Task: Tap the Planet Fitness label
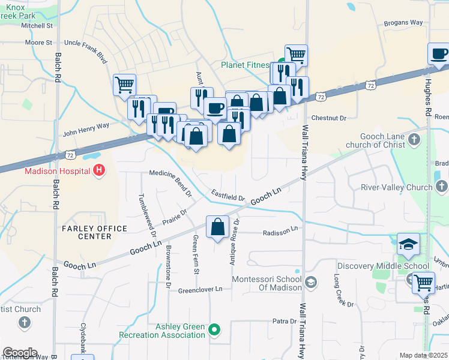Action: tap(246, 65)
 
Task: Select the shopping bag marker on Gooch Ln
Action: tap(218, 227)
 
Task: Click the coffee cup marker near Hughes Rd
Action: tap(439, 54)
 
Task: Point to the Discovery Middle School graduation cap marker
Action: tap(408, 244)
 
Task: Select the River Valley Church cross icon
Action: tap(442, 187)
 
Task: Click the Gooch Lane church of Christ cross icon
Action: tap(414, 140)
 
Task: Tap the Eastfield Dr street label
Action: tap(228, 196)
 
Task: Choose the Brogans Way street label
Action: tap(403, 22)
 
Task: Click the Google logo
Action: tap(19, 352)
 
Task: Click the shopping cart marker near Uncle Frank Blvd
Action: tap(124, 84)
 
